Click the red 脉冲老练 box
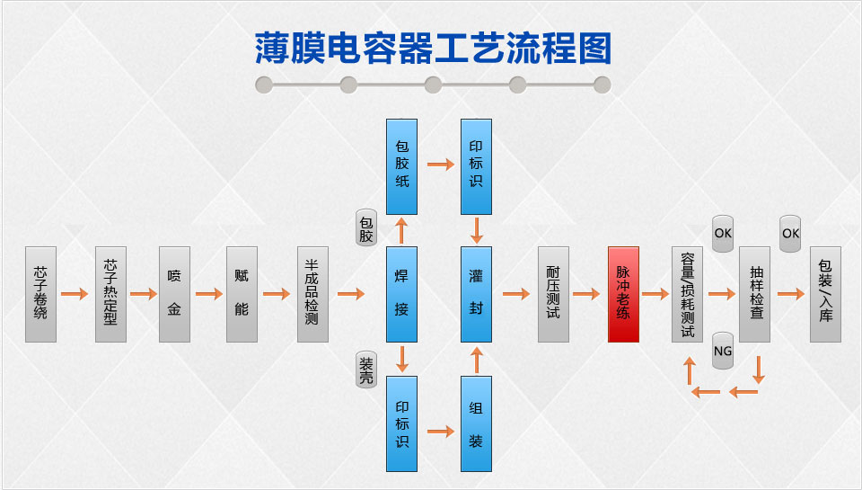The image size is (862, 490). click(623, 294)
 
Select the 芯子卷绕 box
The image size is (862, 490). click(40, 294)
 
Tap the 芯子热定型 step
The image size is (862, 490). click(110, 294)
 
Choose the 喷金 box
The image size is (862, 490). click(174, 294)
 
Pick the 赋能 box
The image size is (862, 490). click(241, 294)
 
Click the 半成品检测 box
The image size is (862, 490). click(312, 294)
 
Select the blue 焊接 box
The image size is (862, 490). click(401, 294)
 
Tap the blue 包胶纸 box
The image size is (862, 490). click(401, 166)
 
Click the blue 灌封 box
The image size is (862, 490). click(476, 294)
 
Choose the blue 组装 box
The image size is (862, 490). click(476, 424)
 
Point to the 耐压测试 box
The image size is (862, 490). click(553, 294)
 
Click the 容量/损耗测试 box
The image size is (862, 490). click(687, 294)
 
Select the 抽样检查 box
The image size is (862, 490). click(755, 294)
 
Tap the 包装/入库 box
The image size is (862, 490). click(825, 294)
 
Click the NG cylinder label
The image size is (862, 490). click(723, 351)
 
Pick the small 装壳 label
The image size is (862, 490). click(366, 370)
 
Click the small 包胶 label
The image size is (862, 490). click(366, 229)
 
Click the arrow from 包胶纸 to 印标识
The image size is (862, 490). click(440, 165)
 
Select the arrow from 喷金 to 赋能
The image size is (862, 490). click(207, 294)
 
